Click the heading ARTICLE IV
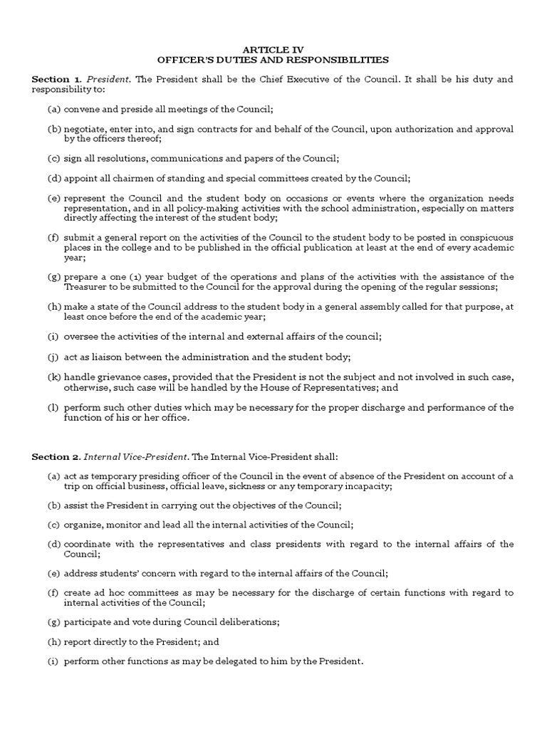(273, 49)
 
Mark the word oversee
(81, 335)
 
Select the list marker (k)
(54, 375)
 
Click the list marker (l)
(54, 407)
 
